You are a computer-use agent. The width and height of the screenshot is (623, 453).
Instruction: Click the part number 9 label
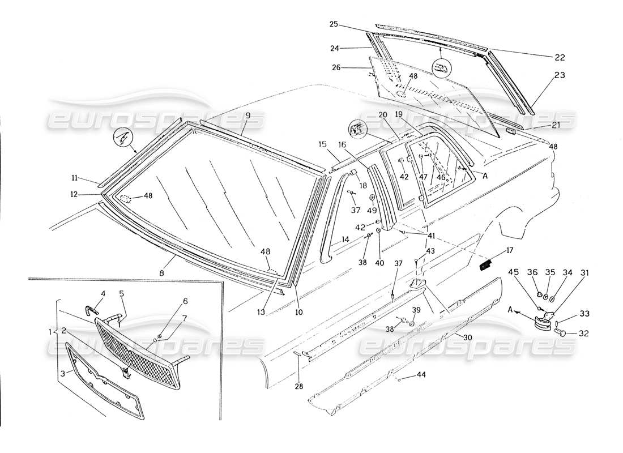248,116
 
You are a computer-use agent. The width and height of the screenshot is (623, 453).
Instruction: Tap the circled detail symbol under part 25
441,69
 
